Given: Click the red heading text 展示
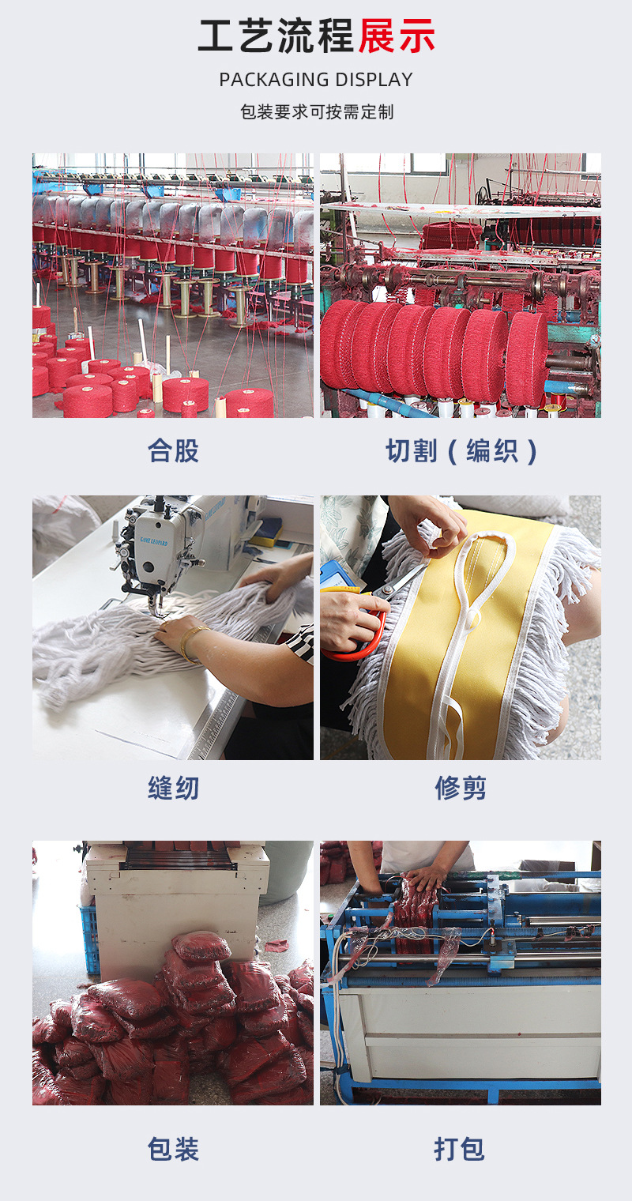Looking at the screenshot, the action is coord(397,36).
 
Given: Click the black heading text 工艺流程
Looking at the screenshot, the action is coord(276,36).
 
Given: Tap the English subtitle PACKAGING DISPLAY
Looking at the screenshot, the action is coord(316,80).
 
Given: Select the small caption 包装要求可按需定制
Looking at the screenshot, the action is coord(316,112).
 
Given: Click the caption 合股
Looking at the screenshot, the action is coord(173,450).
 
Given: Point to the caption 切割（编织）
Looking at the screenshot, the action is coord(461,450).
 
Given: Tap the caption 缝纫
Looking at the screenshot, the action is coord(173,789).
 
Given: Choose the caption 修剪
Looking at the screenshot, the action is coord(461,789).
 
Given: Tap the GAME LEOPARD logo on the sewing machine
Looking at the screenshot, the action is coord(153,540).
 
